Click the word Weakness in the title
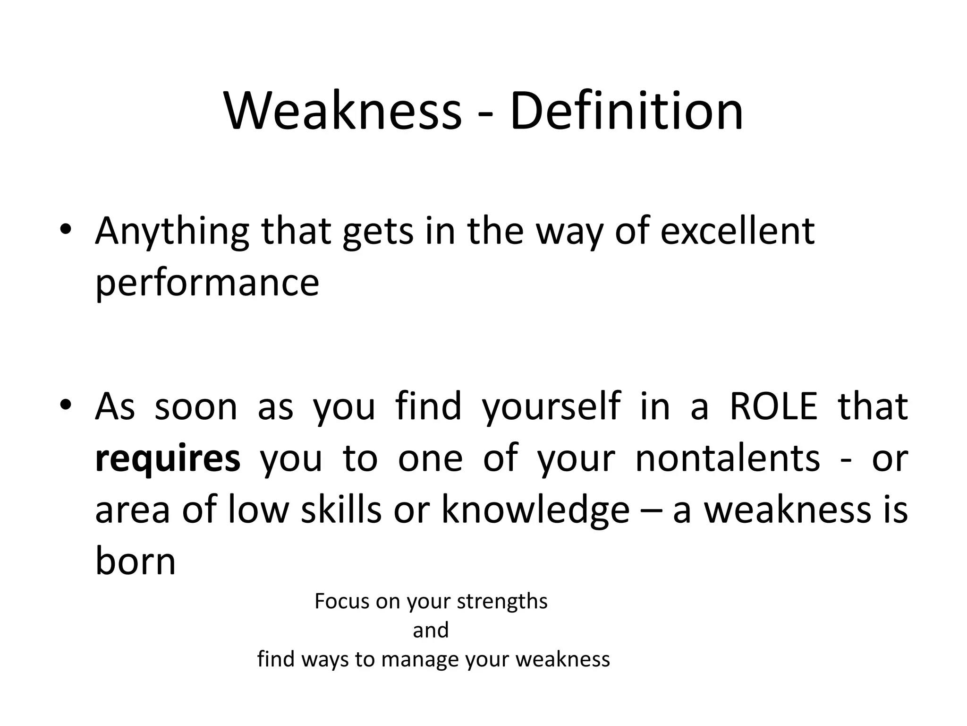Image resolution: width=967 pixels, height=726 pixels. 342,112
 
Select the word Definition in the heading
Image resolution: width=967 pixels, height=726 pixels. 626,112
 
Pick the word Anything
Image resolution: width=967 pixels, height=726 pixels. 172,232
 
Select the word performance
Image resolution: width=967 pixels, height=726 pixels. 207,283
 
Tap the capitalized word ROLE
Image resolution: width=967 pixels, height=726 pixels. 773,406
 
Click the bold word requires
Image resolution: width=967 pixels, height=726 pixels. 168,458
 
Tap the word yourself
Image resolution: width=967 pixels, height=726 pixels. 551,407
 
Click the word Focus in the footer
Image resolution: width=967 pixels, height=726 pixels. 341,601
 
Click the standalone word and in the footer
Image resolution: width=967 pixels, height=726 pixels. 431,630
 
